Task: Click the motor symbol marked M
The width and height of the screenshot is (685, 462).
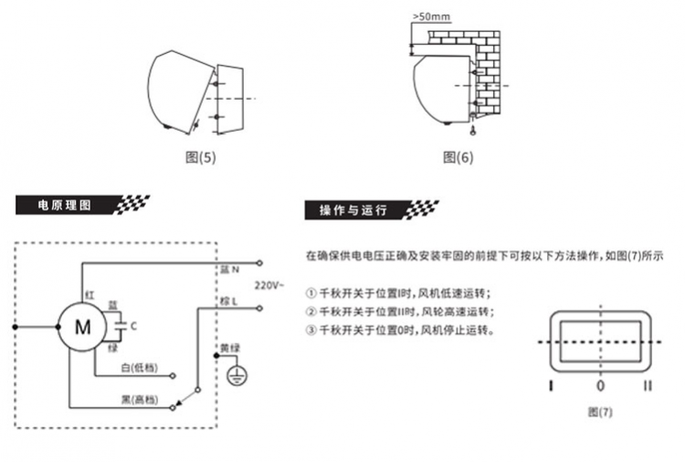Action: [x=82, y=326]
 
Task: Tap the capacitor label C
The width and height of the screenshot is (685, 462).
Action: [x=134, y=325]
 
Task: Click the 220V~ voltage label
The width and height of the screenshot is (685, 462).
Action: [x=269, y=285]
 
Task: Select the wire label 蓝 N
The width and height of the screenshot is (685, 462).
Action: [x=229, y=271]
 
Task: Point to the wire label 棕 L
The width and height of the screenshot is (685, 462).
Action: [x=228, y=300]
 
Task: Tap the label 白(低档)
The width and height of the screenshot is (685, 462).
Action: [x=139, y=368]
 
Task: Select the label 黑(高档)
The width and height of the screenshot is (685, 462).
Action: [x=139, y=400]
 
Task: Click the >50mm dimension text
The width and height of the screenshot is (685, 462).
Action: [x=429, y=17]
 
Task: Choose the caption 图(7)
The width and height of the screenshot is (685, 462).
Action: [x=600, y=412]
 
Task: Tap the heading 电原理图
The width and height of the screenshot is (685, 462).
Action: [x=64, y=205]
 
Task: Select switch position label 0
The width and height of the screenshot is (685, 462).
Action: [x=600, y=386]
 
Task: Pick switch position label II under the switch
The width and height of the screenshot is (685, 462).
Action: [x=647, y=386]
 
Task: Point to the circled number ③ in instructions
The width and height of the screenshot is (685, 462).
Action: [x=311, y=330]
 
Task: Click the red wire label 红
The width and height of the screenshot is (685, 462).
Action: [x=90, y=295]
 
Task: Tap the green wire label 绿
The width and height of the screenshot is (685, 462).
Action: [x=113, y=349]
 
